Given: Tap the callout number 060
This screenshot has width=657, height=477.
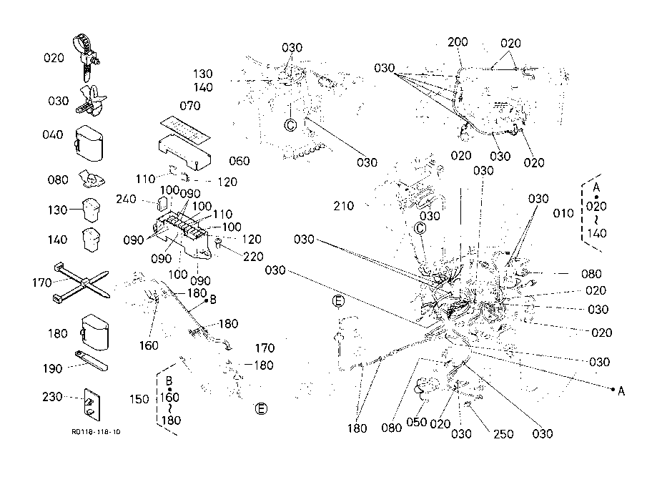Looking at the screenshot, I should pos(239,161).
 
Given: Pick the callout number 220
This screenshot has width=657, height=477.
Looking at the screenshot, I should pos(252,256).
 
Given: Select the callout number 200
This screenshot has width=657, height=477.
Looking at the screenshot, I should pos(458,43).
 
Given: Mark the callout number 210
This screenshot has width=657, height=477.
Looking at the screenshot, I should pos(344,207).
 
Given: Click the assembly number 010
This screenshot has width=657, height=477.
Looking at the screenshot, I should pos(564,213).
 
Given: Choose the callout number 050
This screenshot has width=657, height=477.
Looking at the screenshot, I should pos(417,423).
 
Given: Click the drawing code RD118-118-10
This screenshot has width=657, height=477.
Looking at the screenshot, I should pos(96,432).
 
